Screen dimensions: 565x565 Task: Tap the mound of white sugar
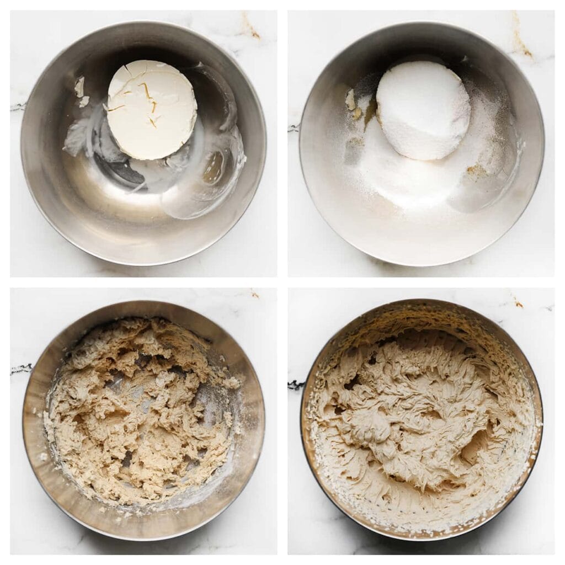point(423,110)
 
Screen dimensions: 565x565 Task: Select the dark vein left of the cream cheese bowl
point(18,106)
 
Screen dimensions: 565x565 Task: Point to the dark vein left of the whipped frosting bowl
point(296,385)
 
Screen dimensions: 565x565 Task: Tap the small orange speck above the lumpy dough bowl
point(254,294)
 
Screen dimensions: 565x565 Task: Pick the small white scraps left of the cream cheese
point(81,90)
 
